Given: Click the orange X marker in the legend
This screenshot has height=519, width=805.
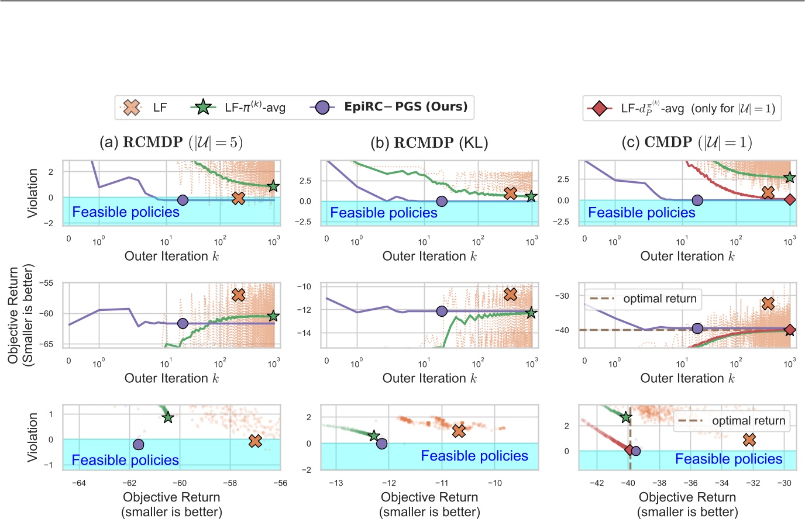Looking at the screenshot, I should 132,107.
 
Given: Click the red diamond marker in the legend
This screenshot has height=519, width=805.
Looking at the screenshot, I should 599,108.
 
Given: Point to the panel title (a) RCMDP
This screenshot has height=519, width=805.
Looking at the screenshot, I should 171,142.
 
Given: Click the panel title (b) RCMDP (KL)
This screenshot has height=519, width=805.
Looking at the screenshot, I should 429,142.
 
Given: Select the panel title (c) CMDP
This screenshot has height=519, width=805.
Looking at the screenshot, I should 687,142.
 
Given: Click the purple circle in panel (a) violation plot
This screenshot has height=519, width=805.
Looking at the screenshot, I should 183,200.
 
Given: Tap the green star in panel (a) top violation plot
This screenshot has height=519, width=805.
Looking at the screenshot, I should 273,186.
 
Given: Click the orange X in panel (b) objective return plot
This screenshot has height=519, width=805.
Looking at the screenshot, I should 510,294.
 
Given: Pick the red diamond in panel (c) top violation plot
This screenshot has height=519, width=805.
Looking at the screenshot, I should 790,200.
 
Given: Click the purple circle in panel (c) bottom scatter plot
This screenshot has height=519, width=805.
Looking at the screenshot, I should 635,451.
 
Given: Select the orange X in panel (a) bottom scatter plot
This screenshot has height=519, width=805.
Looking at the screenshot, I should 254,441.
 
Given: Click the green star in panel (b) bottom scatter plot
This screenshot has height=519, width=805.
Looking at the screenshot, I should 374,435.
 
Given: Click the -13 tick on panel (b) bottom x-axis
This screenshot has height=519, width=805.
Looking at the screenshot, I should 336,483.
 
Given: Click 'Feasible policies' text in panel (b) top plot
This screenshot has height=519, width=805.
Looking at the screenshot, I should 384,213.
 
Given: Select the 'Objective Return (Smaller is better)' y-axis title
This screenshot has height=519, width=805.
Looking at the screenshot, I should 21,315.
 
